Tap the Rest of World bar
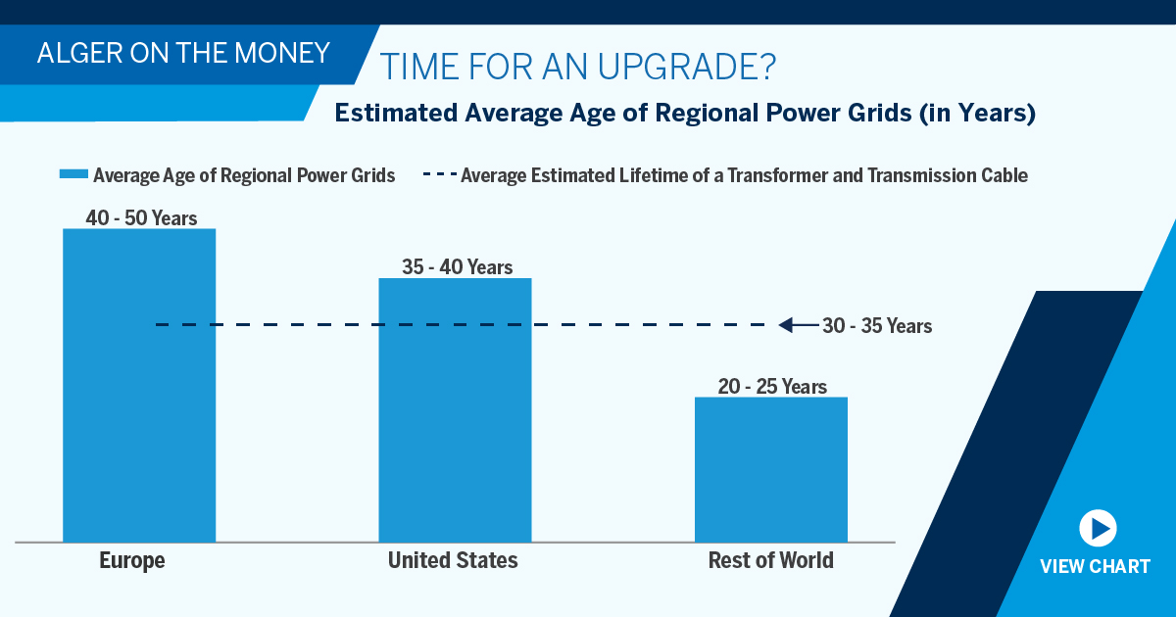point(770,469)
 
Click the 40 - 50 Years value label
point(141,217)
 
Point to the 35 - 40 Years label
point(457,266)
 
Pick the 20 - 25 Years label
point(771,387)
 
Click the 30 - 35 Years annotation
point(877,326)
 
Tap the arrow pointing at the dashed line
point(797,325)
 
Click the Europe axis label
point(132,561)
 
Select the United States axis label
point(453,561)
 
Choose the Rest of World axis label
point(770,561)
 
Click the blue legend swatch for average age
point(73,175)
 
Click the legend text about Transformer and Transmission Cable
point(744,176)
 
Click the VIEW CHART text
point(1095,566)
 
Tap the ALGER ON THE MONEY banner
point(184,53)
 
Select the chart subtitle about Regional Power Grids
point(684,114)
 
